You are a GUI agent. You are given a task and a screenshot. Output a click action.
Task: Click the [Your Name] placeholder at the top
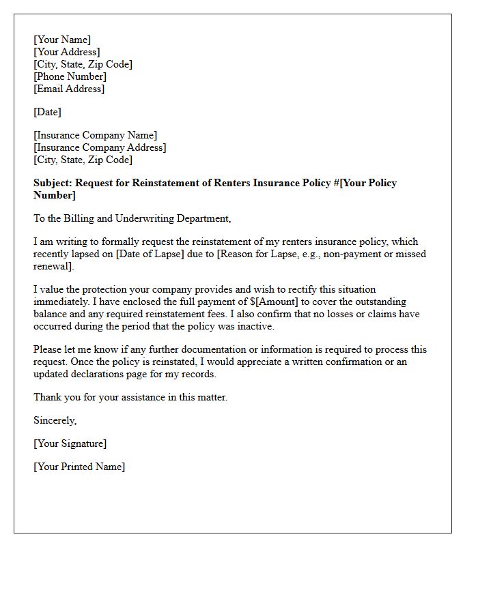(62, 40)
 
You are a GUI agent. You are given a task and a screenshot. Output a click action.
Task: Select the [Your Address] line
(66, 52)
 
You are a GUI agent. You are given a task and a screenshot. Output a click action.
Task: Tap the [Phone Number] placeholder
(70, 76)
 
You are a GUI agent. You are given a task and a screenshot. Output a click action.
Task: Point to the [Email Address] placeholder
(69, 89)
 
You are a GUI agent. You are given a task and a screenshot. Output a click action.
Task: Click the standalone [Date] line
(47, 112)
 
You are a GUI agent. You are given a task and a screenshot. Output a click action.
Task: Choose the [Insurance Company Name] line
(95, 135)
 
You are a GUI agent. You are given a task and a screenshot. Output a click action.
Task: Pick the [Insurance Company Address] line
(100, 147)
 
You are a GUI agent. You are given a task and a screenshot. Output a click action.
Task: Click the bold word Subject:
(53, 183)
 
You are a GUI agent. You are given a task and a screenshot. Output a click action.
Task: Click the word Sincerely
(55, 420)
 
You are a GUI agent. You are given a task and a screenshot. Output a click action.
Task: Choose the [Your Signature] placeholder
(70, 443)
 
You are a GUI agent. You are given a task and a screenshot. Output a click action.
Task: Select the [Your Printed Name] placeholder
(79, 467)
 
